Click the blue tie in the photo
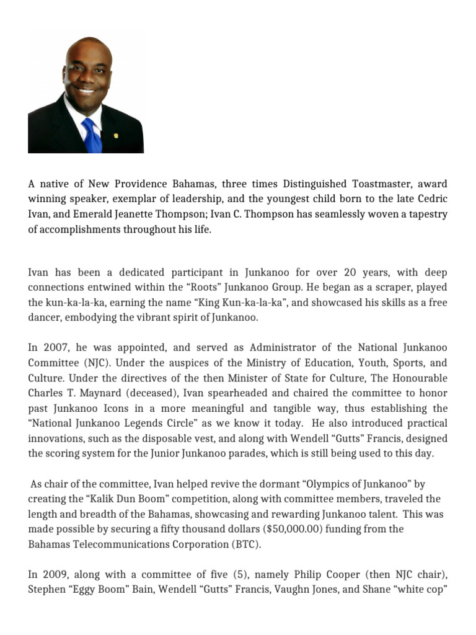coord(92,136)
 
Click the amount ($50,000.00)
coord(287,529)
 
